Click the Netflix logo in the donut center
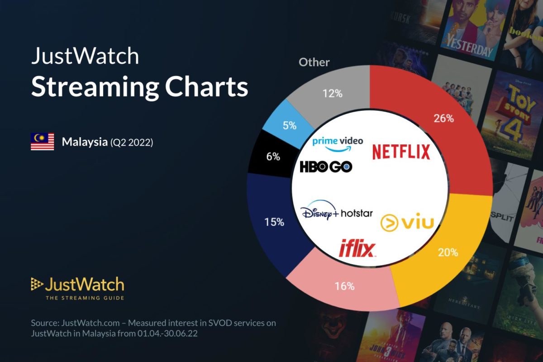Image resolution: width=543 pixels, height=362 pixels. point(401,152)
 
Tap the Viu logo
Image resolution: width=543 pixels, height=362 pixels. point(407,222)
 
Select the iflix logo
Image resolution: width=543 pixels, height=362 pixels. point(357,248)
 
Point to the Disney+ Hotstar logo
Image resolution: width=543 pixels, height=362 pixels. point(337,211)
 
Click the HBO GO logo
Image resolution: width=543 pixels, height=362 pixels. point(326,167)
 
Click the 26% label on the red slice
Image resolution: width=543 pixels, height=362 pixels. point(443,119)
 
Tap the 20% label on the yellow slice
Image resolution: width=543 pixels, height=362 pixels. point(448,252)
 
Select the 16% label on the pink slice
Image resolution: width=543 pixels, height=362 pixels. point(344,286)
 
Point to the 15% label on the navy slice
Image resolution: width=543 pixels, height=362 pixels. point(274,222)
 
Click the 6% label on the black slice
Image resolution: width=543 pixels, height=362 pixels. point(273,157)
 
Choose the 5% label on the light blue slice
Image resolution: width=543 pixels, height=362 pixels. point(290,125)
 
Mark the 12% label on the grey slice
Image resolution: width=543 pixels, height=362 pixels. point(332,94)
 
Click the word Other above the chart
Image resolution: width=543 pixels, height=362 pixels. point(314,62)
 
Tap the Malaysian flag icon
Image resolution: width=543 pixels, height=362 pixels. point(42,142)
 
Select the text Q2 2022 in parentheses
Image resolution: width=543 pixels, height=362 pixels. point(132,143)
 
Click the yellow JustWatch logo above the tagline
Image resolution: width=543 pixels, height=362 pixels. point(77,285)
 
